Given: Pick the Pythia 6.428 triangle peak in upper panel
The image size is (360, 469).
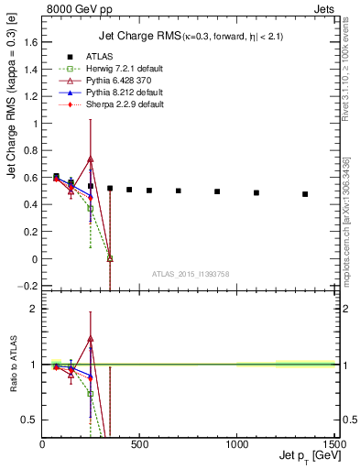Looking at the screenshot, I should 91,158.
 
